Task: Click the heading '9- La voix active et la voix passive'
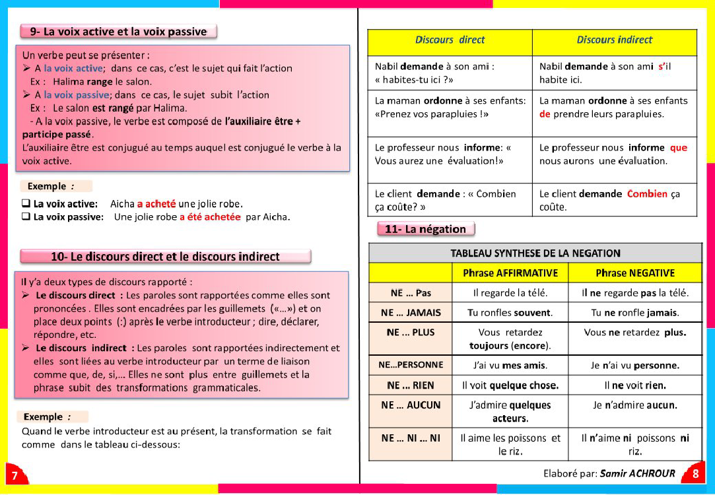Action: point(118,31)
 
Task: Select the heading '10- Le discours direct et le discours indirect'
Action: point(165,257)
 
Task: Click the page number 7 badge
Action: point(15,475)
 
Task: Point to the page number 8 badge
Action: point(696,473)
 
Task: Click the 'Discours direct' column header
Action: point(450,40)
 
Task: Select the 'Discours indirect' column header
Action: point(614,40)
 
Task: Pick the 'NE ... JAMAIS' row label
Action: point(411,313)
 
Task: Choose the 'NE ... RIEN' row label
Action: point(411,385)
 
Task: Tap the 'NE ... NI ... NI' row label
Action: point(411,438)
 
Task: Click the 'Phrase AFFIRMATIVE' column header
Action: point(510,273)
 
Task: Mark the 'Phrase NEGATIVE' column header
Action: point(634,273)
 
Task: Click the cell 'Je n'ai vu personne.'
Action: point(634,365)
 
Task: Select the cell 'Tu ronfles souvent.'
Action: point(510,313)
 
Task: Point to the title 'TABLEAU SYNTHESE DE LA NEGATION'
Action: point(535,253)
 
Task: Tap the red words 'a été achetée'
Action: point(210,216)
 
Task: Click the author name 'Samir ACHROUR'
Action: point(637,473)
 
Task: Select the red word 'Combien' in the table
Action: point(647,194)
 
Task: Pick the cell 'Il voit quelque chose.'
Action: point(510,385)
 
